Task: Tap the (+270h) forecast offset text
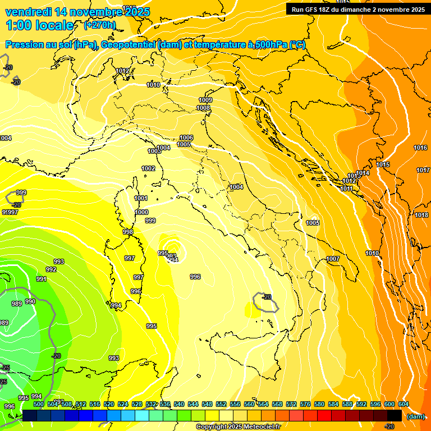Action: pyautogui.click(x=100, y=25)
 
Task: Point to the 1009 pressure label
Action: pyautogui.click(x=205, y=100)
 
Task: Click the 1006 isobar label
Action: pyautogui.click(x=186, y=137)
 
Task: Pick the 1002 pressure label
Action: pyautogui.click(x=148, y=168)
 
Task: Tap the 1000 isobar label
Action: pyautogui.click(x=141, y=212)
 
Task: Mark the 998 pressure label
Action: pyautogui.click(x=128, y=232)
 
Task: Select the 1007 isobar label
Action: pyautogui.click(x=333, y=259)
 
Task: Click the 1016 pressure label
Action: pyautogui.click(x=420, y=148)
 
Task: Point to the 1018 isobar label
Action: pyautogui.click(x=421, y=215)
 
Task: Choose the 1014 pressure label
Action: pyautogui.click(x=363, y=173)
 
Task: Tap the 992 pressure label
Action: pyautogui.click(x=51, y=269)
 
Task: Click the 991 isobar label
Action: pyautogui.click(x=42, y=279)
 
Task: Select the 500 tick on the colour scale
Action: pyautogui.click(x=39, y=404)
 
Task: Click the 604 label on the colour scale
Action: pyautogui.click(x=403, y=404)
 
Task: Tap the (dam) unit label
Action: pyautogui.click(x=415, y=416)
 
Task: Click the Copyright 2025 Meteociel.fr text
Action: pyautogui.click(x=238, y=427)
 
